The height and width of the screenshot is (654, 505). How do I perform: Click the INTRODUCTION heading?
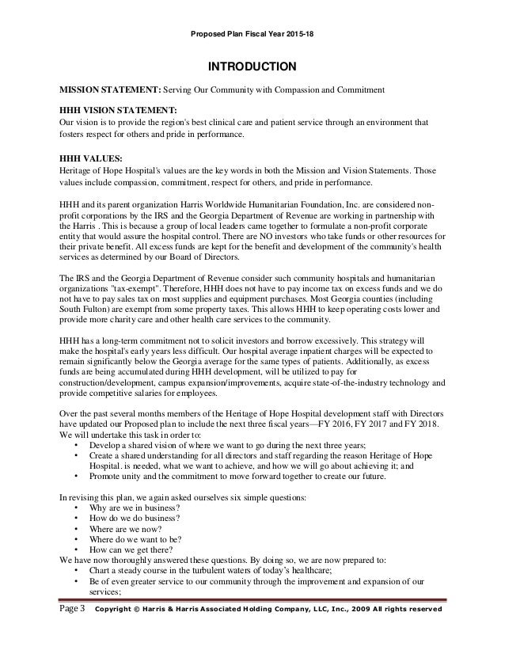252,66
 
